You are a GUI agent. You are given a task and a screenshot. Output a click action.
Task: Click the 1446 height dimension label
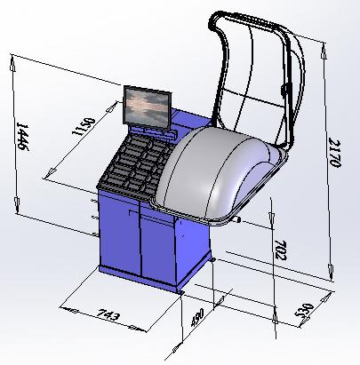[22, 137]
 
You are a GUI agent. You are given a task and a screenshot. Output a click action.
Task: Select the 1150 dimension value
[84, 126]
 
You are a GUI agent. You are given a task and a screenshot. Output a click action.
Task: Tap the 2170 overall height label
[335, 153]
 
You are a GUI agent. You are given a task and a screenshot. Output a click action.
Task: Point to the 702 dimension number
[280, 250]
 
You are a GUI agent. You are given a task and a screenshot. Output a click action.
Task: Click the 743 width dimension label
[108, 314]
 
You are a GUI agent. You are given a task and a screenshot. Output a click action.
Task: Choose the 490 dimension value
[197, 317]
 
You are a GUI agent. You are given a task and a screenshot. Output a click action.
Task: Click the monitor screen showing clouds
[148, 107]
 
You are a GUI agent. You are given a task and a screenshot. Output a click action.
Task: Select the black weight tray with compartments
[134, 163]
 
